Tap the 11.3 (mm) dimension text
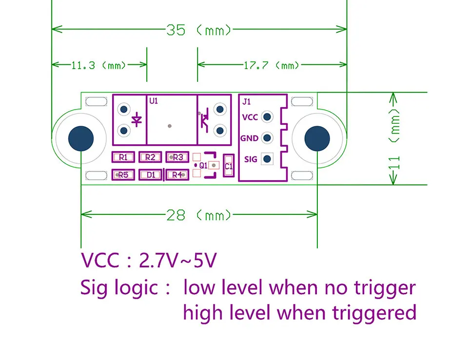(99, 65)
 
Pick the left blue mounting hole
(80, 138)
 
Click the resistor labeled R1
(123, 157)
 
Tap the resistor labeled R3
(177, 157)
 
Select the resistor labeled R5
(123, 174)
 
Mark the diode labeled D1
(151, 174)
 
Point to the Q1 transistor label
(204, 166)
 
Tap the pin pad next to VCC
(267, 117)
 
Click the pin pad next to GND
(267, 138)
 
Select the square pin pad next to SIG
(267, 159)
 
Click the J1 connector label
(247, 102)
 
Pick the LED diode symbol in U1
(137, 119)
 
